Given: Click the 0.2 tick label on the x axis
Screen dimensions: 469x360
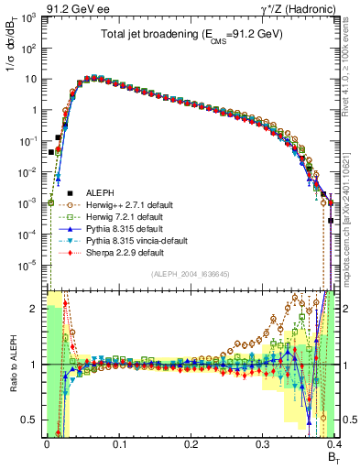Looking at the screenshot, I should point(191,445).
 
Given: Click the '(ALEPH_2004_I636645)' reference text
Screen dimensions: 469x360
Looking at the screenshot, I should point(191,276).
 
